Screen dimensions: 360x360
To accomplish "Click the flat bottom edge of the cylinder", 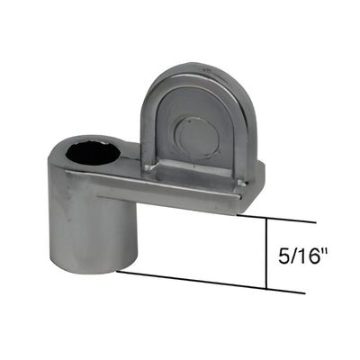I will (83, 267).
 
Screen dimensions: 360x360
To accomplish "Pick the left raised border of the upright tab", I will (150, 126).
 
